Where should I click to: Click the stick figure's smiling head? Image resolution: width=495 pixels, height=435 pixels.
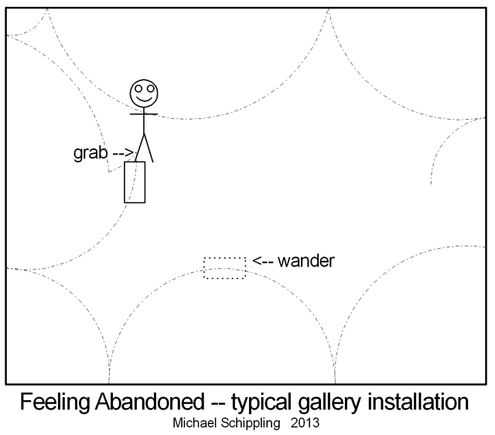point(143,93)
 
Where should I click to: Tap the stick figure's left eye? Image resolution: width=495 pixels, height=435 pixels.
point(138,89)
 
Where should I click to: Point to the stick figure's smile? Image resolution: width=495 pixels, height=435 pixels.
point(143,99)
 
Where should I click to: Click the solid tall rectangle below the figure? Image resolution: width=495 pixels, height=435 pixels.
point(135,182)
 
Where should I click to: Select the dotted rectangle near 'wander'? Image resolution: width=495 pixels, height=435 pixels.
point(224,267)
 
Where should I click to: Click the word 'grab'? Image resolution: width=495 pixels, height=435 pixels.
point(90,153)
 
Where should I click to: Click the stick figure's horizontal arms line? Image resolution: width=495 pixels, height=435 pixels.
point(143,114)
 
